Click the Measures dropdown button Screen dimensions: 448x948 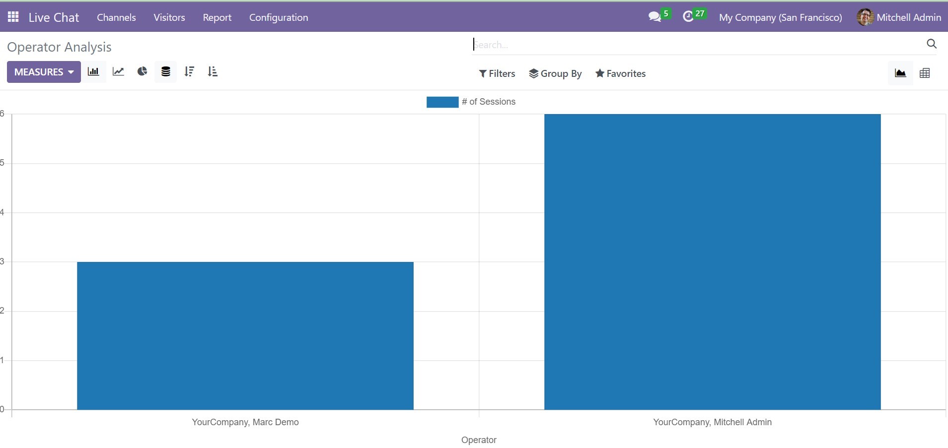click(x=44, y=72)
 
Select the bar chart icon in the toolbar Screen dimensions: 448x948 click(x=93, y=72)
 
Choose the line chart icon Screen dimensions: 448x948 click(x=118, y=72)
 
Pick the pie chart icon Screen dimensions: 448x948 click(x=142, y=72)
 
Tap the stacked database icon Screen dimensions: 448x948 click(x=166, y=72)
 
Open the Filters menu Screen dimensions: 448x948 click(x=497, y=73)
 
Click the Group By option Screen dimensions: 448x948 click(x=555, y=73)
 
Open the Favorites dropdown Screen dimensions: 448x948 click(x=620, y=73)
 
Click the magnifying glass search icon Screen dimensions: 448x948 click(x=932, y=44)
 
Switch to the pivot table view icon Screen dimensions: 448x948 click(x=925, y=73)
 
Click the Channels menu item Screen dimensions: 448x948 click(x=116, y=17)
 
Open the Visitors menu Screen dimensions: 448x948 click(x=169, y=17)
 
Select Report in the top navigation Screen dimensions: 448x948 click(x=217, y=17)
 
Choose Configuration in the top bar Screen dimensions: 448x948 click(x=279, y=17)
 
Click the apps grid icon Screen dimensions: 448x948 click(x=13, y=17)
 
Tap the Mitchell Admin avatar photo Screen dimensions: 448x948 click(x=865, y=17)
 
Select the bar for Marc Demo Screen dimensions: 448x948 click(x=245, y=336)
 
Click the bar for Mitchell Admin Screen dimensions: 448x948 click(x=712, y=262)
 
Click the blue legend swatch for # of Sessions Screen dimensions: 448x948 click(x=442, y=102)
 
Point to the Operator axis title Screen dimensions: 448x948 click(x=479, y=440)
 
